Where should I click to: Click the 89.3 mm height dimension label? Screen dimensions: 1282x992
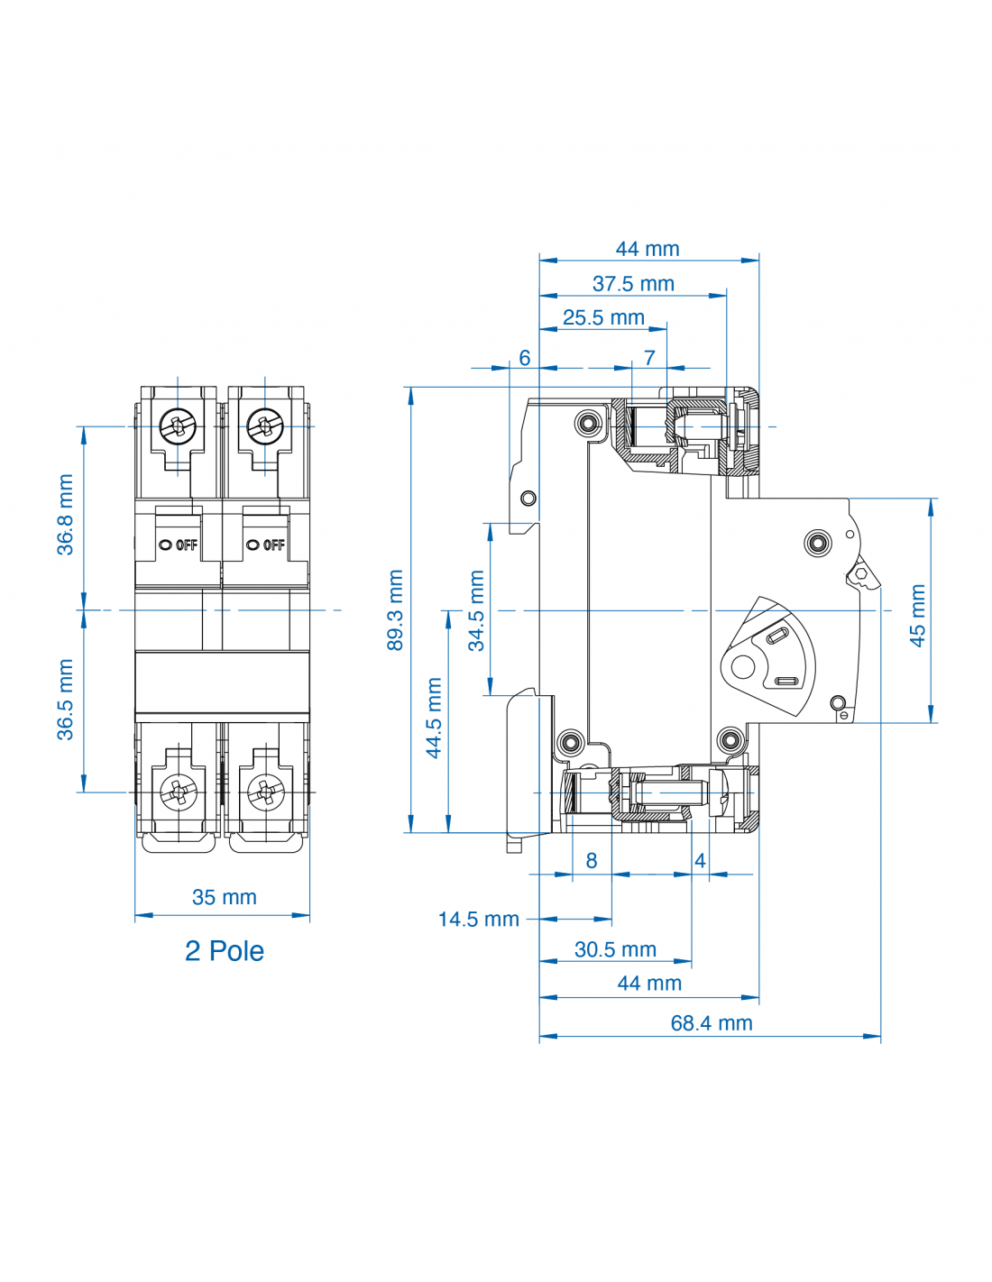point(395,609)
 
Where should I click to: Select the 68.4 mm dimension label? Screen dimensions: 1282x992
point(711,1023)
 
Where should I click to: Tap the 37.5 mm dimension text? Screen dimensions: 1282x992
point(633,284)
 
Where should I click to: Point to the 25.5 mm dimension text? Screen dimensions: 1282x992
point(603,318)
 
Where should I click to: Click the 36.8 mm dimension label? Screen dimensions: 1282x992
point(65,515)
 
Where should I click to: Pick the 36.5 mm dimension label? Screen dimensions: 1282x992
point(65,700)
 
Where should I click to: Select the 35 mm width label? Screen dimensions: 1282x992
point(224,897)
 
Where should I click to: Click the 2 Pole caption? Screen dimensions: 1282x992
point(224,951)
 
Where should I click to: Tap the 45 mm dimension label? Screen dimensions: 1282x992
point(917,616)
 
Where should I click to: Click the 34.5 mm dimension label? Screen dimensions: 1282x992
point(476,610)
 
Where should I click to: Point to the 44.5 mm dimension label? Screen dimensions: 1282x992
point(434,718)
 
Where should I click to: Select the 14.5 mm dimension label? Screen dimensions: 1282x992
point(478,920)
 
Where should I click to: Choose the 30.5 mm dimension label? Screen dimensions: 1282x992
point(615,949)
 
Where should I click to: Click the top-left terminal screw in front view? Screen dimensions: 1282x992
point(178,426)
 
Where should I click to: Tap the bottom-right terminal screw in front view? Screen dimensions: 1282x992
point(265,792)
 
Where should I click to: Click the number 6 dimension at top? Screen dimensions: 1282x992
point(525,358)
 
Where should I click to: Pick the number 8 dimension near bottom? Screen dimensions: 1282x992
point(592,861)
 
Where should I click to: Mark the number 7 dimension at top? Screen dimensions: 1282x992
point(649,358)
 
